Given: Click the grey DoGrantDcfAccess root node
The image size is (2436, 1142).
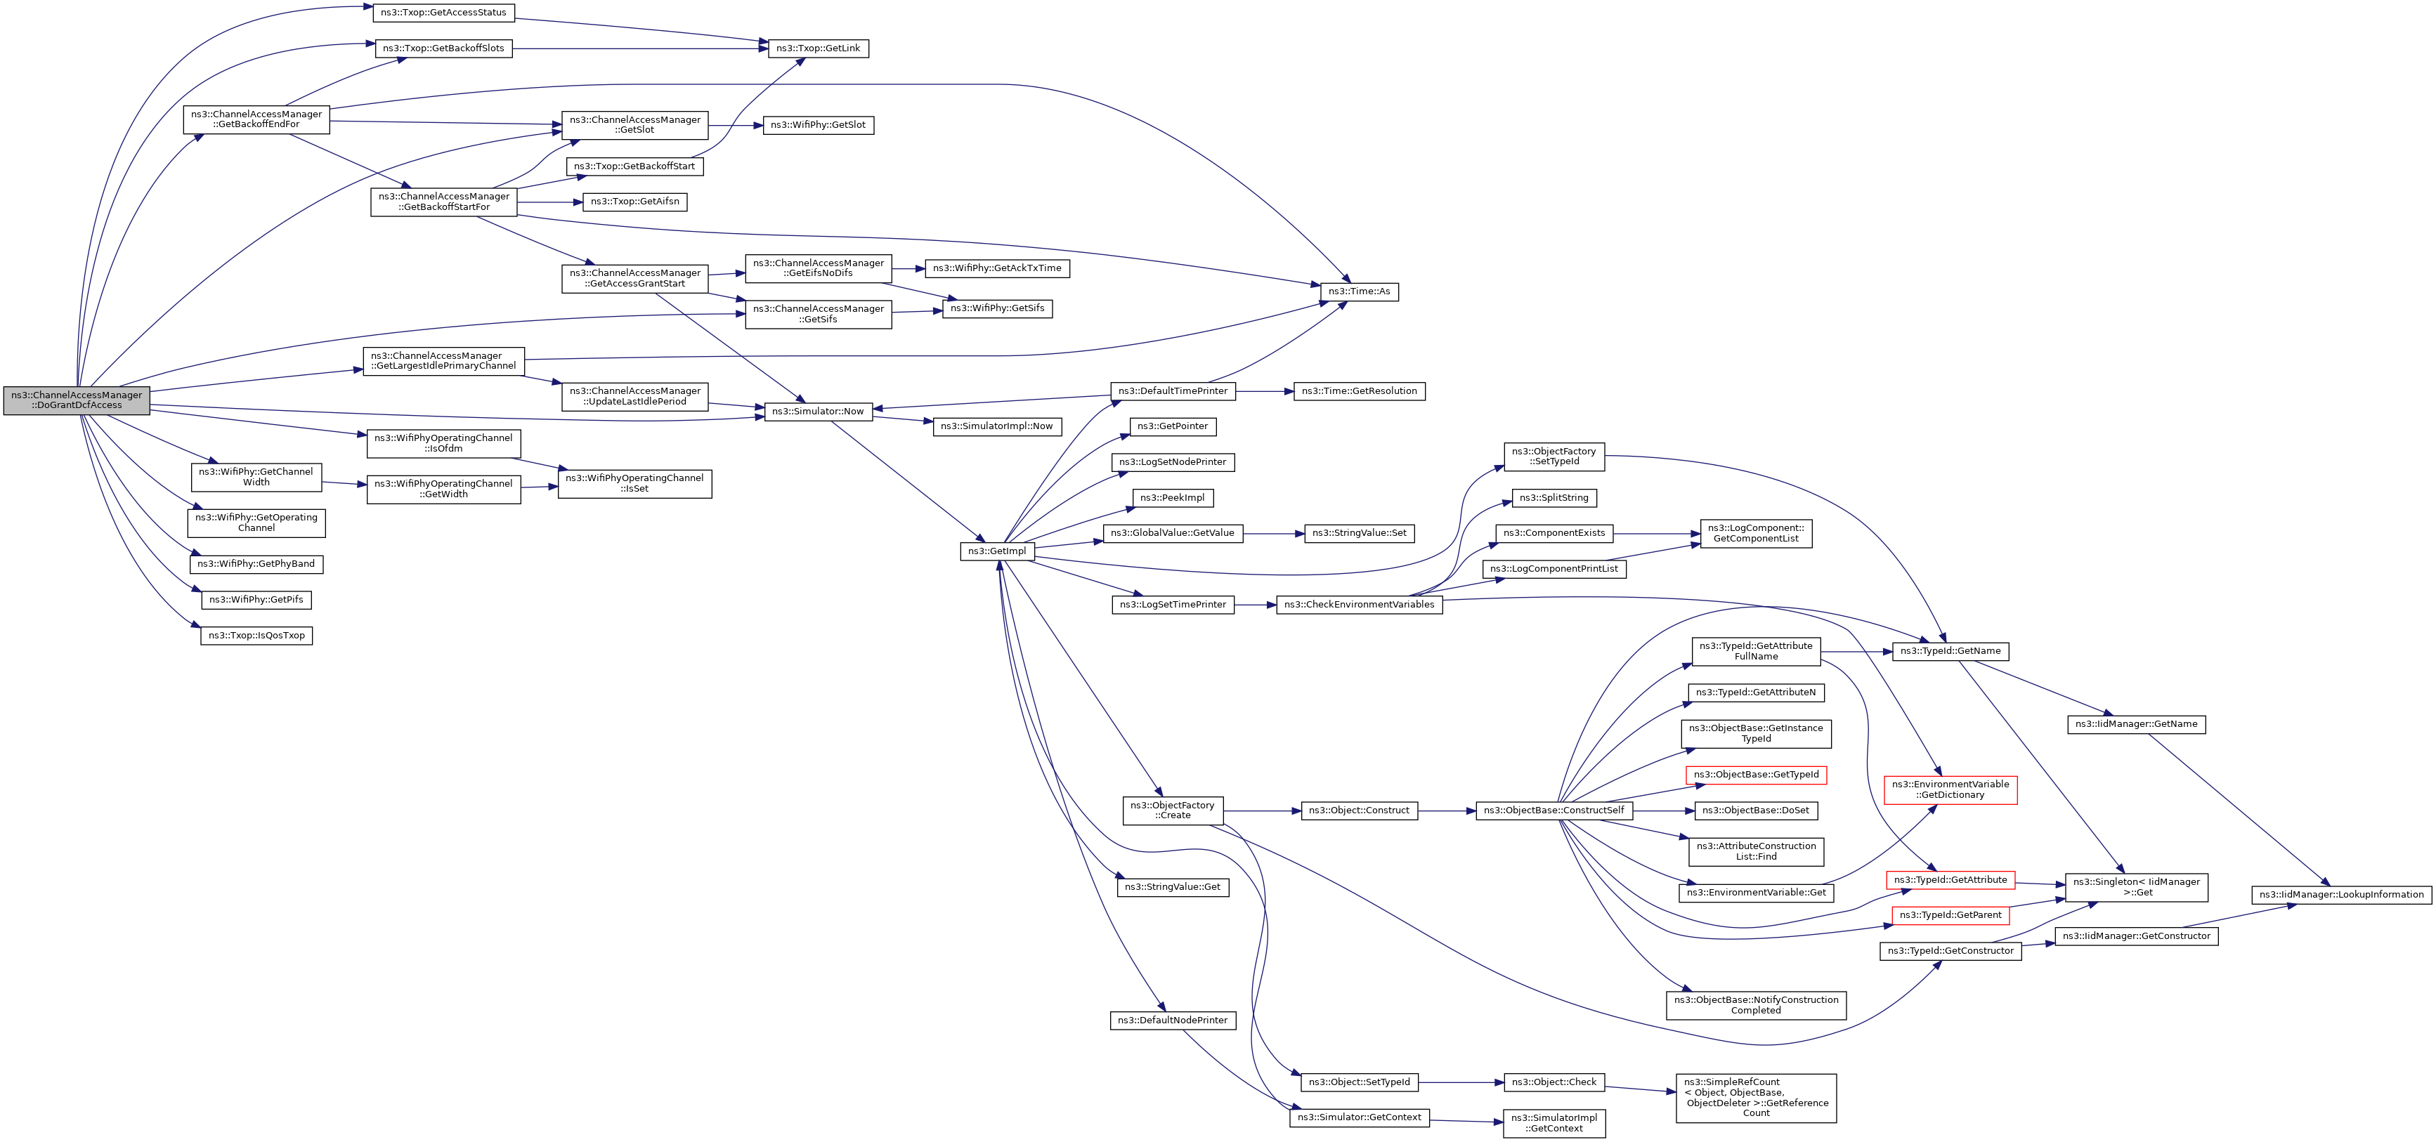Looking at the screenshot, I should [77, 400].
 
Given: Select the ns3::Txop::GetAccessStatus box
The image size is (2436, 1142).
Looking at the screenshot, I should [443, 12].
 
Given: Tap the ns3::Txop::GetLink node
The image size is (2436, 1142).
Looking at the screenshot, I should [818, 48].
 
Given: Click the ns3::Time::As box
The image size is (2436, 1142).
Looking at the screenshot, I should [1359, 291].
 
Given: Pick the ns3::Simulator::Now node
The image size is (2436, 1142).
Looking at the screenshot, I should [818, 412].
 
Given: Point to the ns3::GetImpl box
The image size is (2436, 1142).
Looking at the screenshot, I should [997, 551].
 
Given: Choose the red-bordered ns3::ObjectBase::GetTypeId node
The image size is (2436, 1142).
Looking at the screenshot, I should [1756, 774].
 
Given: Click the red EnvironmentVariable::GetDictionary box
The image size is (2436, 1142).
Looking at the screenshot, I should [1950, 789].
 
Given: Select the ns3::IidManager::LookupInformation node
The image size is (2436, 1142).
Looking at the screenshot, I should [2341, 894].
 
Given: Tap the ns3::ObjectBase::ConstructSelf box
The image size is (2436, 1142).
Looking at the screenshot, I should [1554, 810].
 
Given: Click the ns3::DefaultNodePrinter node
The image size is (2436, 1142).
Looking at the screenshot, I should [1173, 1020].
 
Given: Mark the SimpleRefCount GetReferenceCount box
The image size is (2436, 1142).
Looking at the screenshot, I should [1756, 1098].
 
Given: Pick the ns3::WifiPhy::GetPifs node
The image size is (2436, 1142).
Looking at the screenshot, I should [256, 599].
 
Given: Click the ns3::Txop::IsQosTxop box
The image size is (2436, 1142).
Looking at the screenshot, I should [256, 636].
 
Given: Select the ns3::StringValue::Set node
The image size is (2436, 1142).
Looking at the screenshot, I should [1359, 533].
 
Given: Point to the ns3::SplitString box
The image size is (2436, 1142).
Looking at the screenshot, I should [1554, 497].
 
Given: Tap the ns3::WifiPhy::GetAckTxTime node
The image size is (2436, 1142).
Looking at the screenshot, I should [997, 268].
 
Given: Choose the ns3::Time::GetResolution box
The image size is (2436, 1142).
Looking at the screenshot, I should [1359, 391].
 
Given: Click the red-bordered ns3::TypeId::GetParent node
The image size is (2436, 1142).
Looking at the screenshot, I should [1950, 915].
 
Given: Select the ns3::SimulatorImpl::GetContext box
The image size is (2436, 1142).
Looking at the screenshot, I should [1554, 1123].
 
